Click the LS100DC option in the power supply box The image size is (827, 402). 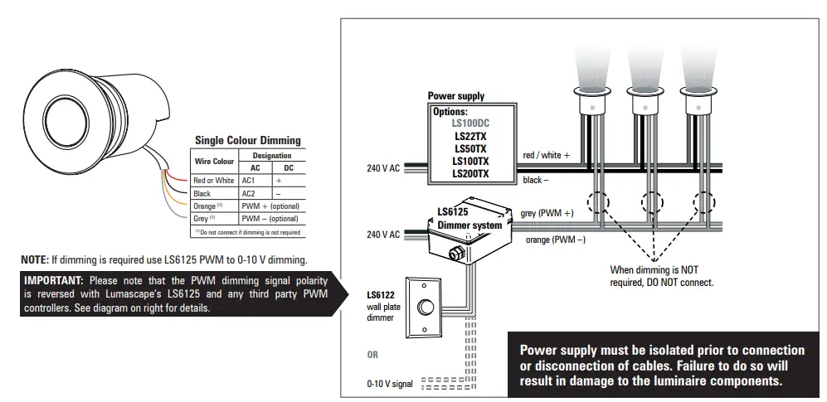pyautogui.click(x=470, y=123)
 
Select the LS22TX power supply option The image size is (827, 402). pyautogui.click(x=470, y=135)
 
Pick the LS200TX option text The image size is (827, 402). pyautogui.click(x=470, y=174)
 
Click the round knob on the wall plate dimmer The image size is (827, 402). pyautogui.click(x=427, y=307)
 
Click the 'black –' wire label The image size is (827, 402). pyautogui.click(x=536, y=180)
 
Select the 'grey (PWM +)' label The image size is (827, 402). pyautogui.click(x=547, y=213)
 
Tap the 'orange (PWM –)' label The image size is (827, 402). pyautogui.click(x=556, y=240)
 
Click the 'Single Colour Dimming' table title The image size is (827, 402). pyautogui.click(x=247, y=140)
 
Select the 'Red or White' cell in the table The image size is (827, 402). pyautogui.click(x=213, y=181)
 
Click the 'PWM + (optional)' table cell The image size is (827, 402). pyautogui.click(x=270, y=206)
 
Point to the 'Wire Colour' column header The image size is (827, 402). pyautogui.click(x=214, y=161)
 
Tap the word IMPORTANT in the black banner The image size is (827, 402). pyautogui.click(x=55, y=280)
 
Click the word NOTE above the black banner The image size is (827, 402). pyautogui.click(x=36, y=259)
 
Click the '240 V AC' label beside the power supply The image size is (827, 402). pyautogui.click(x=383, y=168)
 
